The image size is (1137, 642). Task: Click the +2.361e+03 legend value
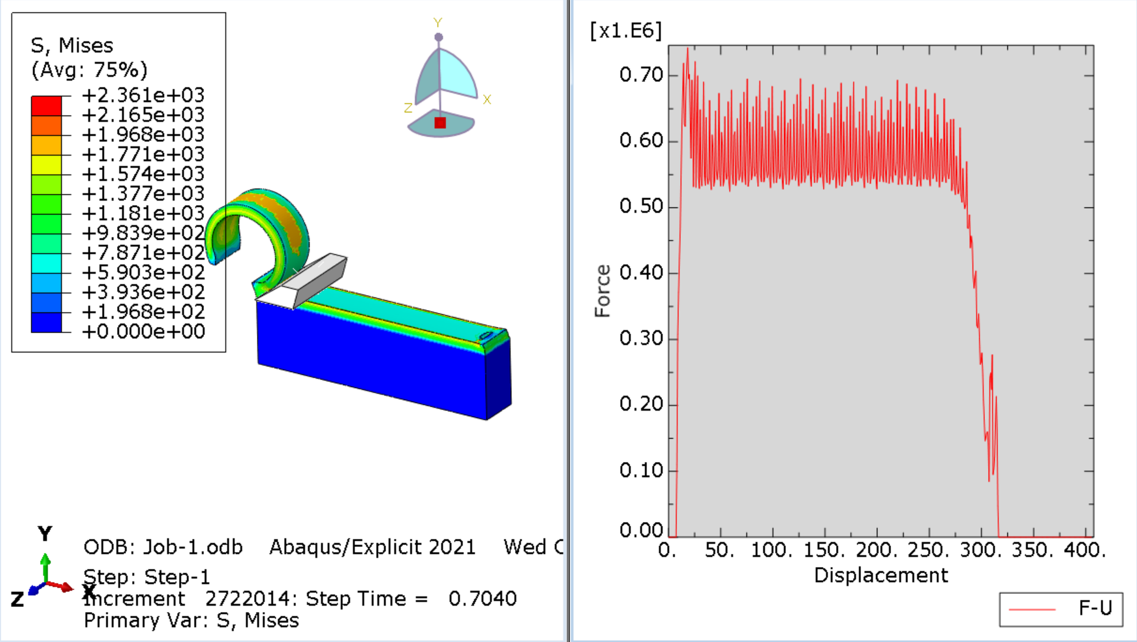pyautogui.click(x=143, y=95)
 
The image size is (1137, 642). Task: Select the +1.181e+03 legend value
pyautogui.click(x=143, y=213)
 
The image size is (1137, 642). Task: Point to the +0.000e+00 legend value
pyautogui.click(x=143, y=331)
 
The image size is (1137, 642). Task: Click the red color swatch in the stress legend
pyautogui.click(x=46, y=106)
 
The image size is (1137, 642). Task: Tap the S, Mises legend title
pyautogui.click(x=72, y=46)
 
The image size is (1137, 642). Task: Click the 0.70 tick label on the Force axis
pyautogui.click(x=641, y=75)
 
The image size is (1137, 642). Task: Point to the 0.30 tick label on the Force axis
pyautogui.click(x=641, y=339)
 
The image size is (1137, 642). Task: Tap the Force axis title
pyautogui.click(x=603, y=291)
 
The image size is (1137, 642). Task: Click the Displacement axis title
pyautogui.click(x=880, y=575)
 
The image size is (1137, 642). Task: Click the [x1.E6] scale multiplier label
pyautogui.click(x=625, y=31)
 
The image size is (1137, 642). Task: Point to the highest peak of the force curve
pyautogui.click(x=688, y=48)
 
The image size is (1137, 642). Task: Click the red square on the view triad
pyautogui.click(x=440, y=123)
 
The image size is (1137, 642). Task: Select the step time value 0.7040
pyautogui.click(x=482, y=599)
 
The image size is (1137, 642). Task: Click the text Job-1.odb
pyautogui.click(x=193, y=548)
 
